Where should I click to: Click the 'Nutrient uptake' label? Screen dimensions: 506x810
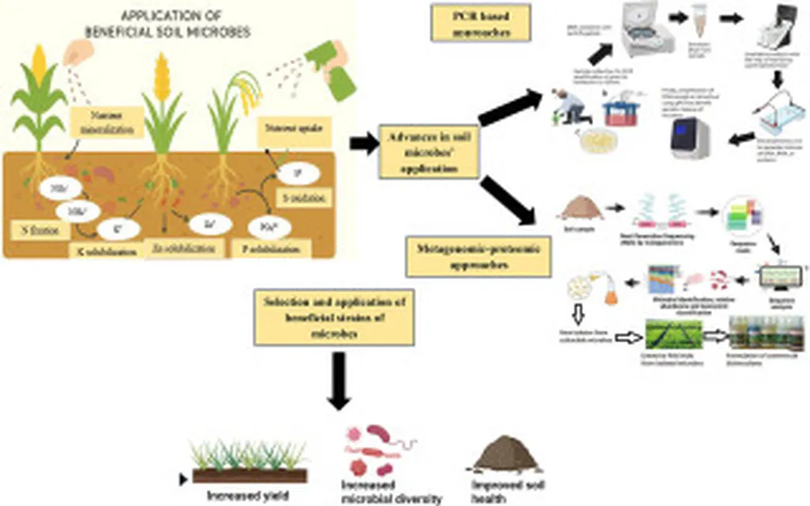(x=286, y=127)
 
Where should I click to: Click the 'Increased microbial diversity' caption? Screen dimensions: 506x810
(x=380, y=491)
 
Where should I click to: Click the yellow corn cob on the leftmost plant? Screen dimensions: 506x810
(x=38, y=62)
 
